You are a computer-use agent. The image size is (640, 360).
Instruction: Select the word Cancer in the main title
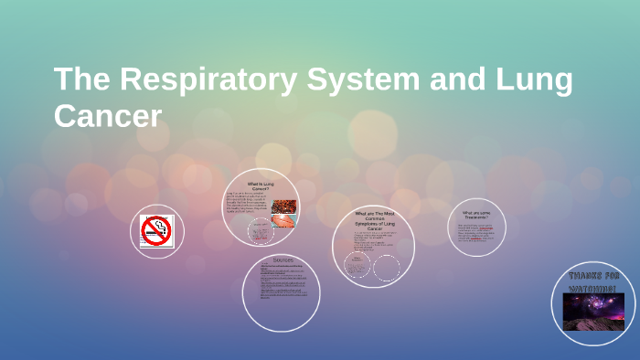coord(108,116)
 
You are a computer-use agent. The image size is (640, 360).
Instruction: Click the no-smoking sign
coord(156,230)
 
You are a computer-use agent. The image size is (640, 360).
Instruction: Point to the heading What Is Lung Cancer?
coord(260,186)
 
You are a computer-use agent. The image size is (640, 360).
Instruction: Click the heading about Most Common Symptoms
coord(373,220)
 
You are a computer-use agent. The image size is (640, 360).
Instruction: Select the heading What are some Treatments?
coord(476,216)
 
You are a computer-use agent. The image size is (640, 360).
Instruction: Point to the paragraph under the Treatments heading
coord(475,235)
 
